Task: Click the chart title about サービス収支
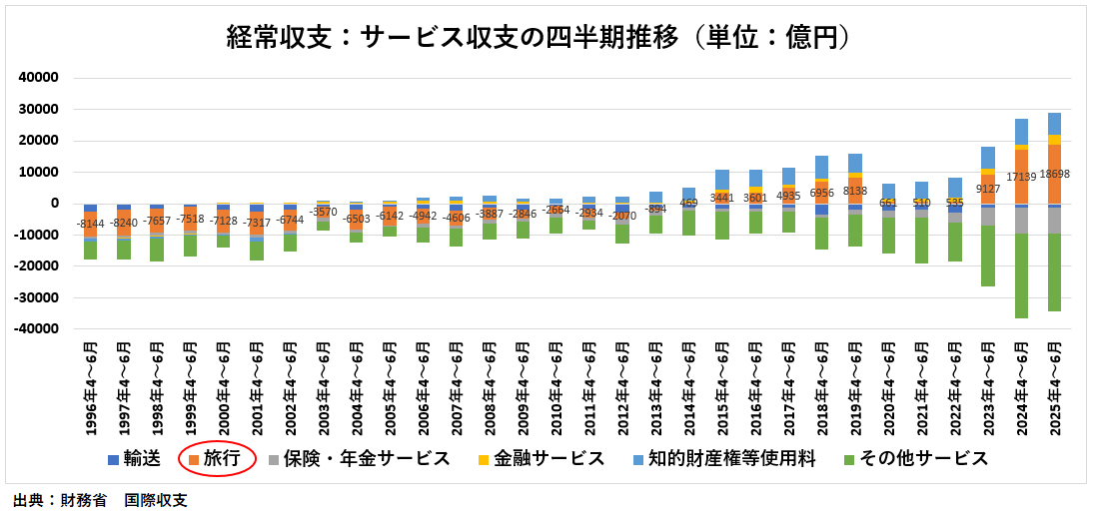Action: (546, 38)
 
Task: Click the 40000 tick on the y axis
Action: (40, 78)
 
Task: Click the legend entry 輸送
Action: (135, 458)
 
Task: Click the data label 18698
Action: (1054, 174)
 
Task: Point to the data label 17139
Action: (1021, 177)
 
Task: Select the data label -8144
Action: (90, 225)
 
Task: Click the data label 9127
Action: (988, 189)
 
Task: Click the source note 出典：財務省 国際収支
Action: (100, 501)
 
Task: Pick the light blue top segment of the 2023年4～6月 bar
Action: (988, 157)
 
